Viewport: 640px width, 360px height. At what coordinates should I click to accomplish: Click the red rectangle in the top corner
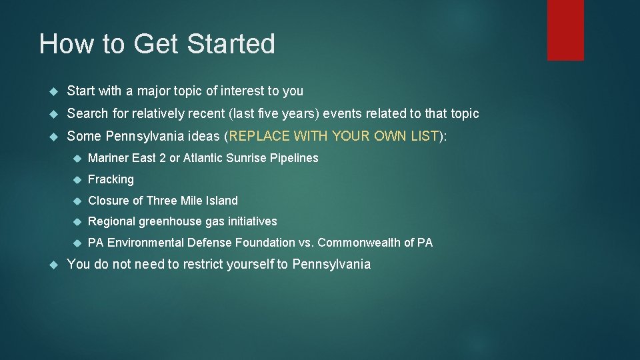[565, 30]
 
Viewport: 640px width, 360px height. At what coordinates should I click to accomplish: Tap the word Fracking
[111, 179]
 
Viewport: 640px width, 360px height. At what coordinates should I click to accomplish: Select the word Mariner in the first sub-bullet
[109, 158]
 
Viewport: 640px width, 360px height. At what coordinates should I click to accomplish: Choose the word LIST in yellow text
[424, 136]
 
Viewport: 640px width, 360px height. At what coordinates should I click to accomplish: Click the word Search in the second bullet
[87, 113]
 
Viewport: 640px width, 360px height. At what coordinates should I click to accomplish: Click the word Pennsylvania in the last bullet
[331, 264]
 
